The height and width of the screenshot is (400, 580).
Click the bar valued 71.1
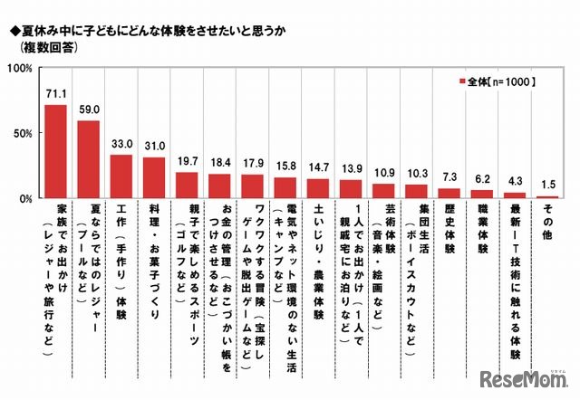[x=55, y=151]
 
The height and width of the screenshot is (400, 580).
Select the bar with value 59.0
[x=89, y=159]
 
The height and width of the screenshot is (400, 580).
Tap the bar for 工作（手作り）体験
[x=121, y=176]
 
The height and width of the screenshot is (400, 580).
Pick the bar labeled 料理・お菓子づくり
[x=154, y=177]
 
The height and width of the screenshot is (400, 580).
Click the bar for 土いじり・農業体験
[x=317, y=188]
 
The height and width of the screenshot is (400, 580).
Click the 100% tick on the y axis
[x=23, y=68]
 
